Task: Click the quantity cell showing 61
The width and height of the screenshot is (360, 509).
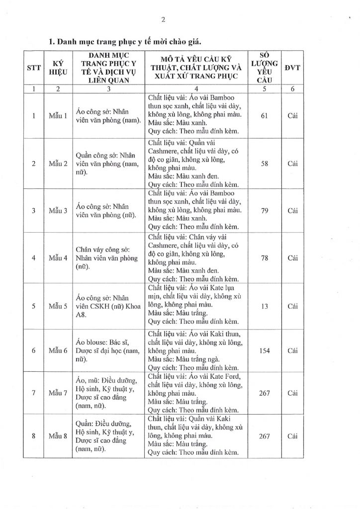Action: coord(265,116)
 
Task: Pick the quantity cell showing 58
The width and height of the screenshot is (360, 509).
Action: coord(265,163)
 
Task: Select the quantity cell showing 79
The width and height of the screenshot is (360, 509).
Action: coord(265,210)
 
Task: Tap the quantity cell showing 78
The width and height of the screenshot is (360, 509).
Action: coord(265,257)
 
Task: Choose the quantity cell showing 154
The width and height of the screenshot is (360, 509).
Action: coord(265,350)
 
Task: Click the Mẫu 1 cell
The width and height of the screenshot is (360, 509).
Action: coord(58,116)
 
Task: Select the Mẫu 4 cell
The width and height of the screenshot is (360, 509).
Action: coord(58,257)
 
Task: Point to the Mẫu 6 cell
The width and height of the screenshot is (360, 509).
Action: coord(58,350)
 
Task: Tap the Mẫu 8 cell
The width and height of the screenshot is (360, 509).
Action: coord(58,436)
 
